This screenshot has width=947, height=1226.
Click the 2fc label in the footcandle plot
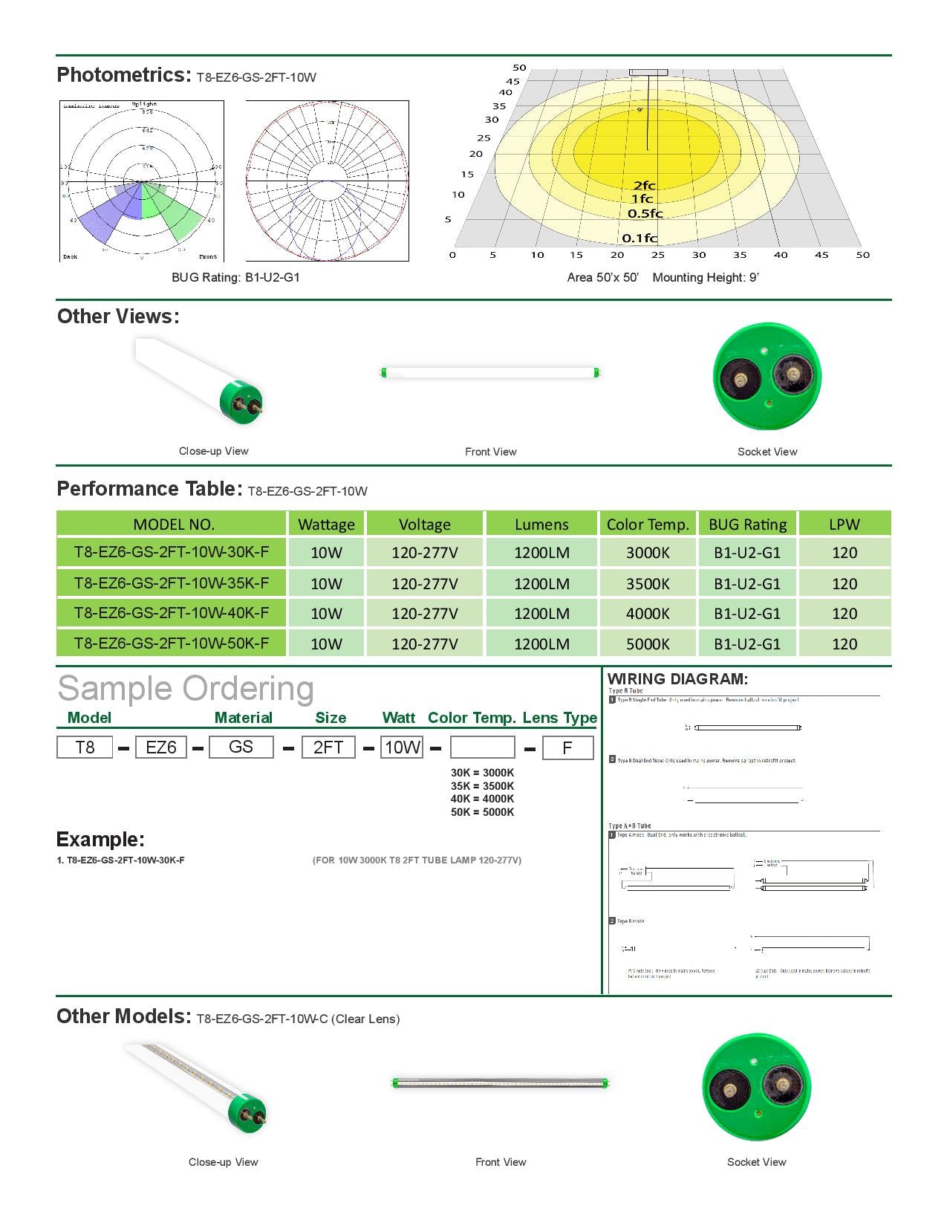click(x=644, y=186)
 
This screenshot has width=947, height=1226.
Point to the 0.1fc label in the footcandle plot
click(x=640, y=238)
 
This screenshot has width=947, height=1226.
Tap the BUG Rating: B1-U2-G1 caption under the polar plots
click(x=235, y=277)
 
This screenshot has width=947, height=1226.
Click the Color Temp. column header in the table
click(x=648, y=525)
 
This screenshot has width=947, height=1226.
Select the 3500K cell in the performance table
click(x=648, y=583)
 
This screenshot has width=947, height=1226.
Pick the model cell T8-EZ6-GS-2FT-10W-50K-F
click(x=172, y=643)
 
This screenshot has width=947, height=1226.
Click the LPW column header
click(x=844, y=525)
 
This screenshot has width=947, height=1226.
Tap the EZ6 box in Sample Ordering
click(x=161, y=747)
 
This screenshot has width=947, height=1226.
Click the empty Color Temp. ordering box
click(x=483, y=747)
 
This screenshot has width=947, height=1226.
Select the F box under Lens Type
click(x=567, y=747)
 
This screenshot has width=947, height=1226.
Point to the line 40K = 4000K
click(x=482, y=799)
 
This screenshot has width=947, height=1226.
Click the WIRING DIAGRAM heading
click(x=677, y=678)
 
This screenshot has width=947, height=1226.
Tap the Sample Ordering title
click(x=186, y=689)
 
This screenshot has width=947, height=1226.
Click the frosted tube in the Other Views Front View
click(x=490, y=372)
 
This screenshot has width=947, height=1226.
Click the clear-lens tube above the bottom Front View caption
click(x=501, y=1083)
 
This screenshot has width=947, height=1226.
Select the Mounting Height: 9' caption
click(x=706, y=277)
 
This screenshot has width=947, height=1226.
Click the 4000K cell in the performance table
click(x=648, y=614)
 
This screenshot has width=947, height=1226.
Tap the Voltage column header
click(x=425, y=525)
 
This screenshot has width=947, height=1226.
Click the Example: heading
click(x=100, y=840)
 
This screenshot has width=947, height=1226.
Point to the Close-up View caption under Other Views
click(x=214, y=451)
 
